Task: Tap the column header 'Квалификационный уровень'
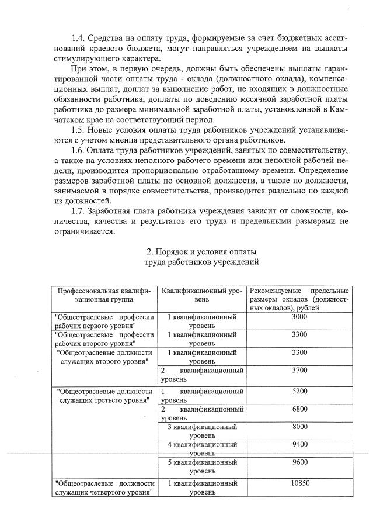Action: [201, 295]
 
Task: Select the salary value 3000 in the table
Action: [299, 317]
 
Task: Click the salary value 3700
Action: [299, 371]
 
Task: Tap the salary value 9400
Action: [299, 445]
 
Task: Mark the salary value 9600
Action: [299, 462]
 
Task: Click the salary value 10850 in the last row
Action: [299, 483]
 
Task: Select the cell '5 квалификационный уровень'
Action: [201, 466]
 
